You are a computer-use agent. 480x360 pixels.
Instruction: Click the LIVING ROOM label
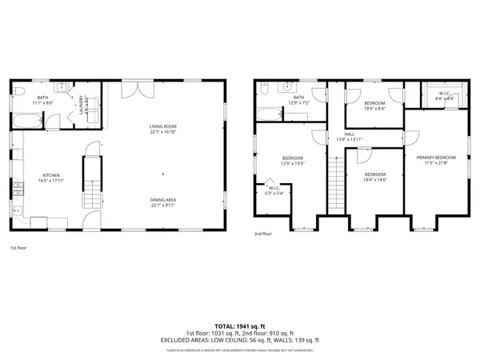[162, 130]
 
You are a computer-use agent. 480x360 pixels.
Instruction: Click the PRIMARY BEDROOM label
[434, 160]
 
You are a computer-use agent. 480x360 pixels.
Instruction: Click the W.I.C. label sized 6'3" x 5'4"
[274, 190]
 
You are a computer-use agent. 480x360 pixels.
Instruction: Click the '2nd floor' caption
[262, 234]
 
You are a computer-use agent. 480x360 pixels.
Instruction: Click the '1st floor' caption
[18, 249]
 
